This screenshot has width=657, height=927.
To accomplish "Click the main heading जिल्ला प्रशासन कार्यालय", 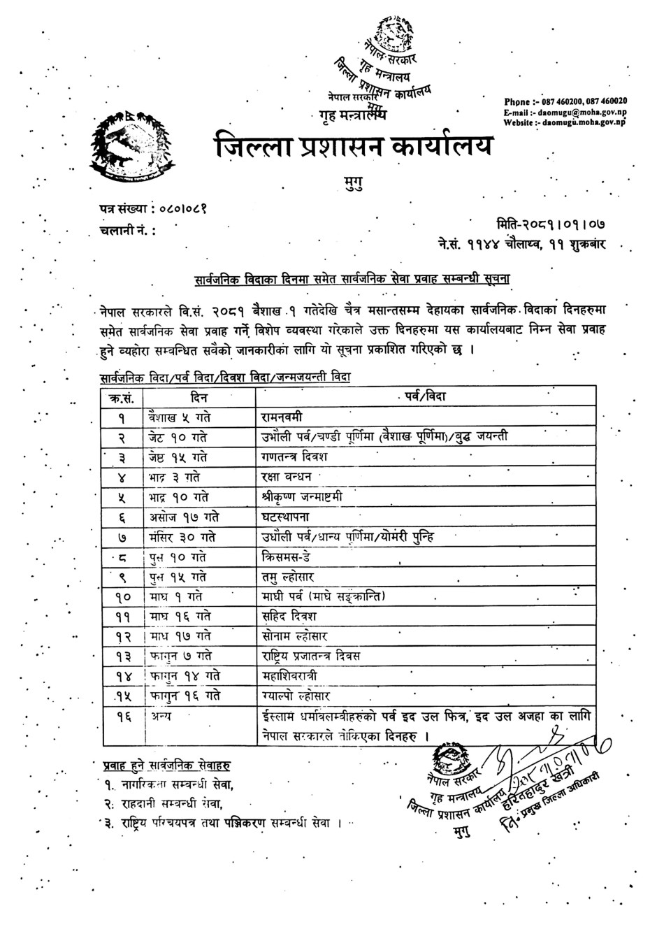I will (354, 146).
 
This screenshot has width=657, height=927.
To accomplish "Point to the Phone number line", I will (565, 101).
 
